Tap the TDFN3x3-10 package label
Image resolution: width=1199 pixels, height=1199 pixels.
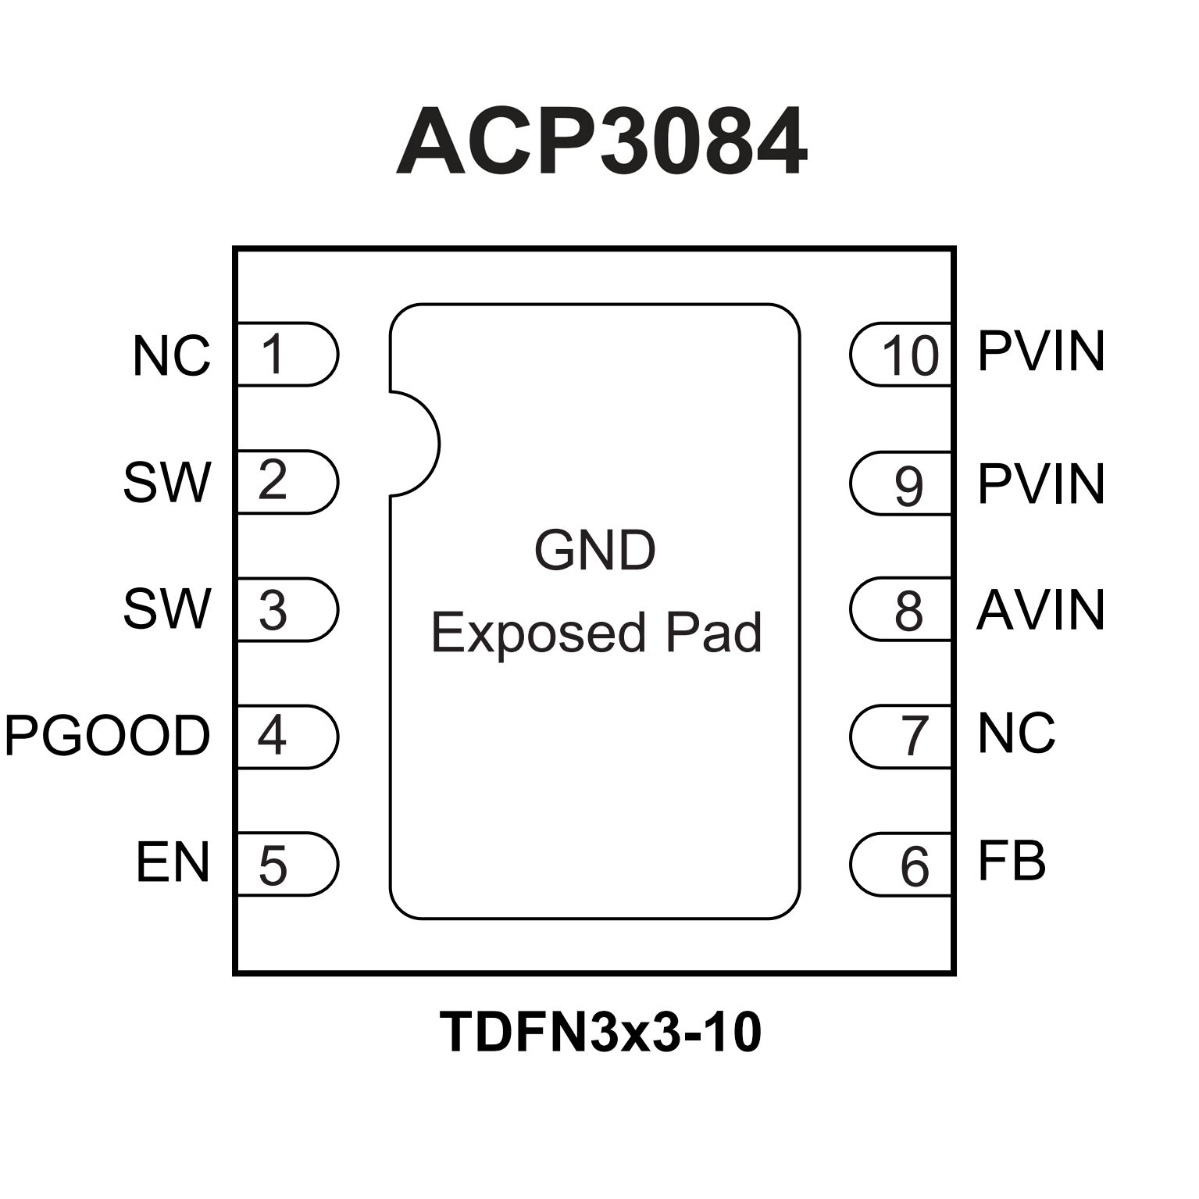coord(600,1032)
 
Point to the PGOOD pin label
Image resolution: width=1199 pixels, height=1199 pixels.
coord(108,735)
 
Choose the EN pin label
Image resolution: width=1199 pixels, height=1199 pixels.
coord(173,862)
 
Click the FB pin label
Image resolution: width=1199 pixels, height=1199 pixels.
coord(1012,862)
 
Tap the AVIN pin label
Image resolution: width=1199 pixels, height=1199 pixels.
coord(1040,609)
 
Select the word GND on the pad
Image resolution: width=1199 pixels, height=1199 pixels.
coord(594,550)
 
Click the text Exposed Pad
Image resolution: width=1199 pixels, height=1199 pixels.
coord(596,632)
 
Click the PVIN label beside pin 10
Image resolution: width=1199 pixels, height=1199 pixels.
coord(1040,351)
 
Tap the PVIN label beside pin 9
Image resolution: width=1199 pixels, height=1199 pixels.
coord(1040,484)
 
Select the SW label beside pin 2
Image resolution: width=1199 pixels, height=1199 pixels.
coord(167,482)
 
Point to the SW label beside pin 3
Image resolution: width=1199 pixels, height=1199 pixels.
coord(167,609)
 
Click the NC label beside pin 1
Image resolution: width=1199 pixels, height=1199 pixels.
coord(171,356)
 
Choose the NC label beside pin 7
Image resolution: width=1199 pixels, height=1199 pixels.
coord(1016,733)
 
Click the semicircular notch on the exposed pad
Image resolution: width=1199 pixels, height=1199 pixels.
coord(414,444)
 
